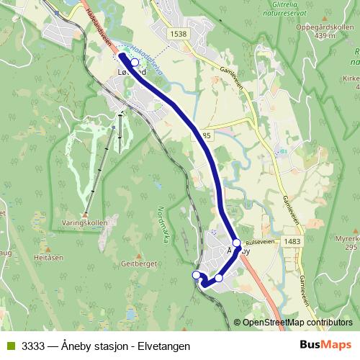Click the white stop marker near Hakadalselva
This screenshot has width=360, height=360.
click(x=135, y=63)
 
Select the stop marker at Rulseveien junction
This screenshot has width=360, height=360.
click(x=236, y=243)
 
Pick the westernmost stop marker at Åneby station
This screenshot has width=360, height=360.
click(x=196, y=274)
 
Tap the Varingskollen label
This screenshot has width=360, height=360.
click(x=86, y=222)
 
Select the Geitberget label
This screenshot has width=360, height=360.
click(x=140, y=264)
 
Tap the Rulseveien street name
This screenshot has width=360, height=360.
click(x=261, y=243)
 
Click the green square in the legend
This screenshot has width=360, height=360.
click(x=10, y=346)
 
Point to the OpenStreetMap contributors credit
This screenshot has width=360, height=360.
click(x=297, y=323)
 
